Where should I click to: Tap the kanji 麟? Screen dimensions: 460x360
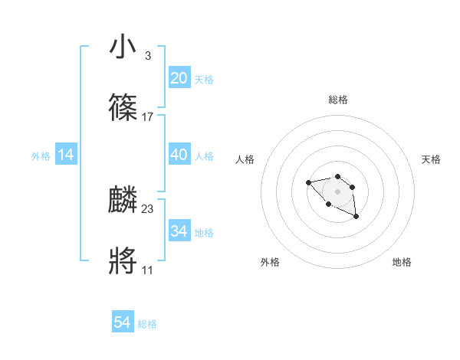(x=123, y=200)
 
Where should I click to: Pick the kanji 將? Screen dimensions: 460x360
(x=123, y=261)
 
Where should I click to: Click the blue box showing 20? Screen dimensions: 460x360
(x=179, y=78)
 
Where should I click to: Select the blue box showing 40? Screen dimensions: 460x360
(x=179, y=155)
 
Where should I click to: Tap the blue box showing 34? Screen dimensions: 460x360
(x=179, y=231)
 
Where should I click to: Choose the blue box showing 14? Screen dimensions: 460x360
(x=66, y=155)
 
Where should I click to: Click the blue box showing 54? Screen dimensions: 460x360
(x=123, y=323)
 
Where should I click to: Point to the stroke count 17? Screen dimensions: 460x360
(x=148, y=117)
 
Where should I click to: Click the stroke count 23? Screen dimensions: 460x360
(x=148, y=209)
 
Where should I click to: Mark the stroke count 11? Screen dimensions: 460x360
(x=147, y=270)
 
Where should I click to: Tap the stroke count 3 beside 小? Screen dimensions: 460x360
(x=147, y=56)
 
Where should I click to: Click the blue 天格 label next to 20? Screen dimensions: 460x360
(x=203, y=80)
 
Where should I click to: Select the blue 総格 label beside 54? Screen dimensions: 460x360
(x=147, y=325)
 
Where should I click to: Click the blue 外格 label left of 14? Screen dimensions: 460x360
(x=41, y=156)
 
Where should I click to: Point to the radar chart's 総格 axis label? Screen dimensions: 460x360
(x=337, y=100)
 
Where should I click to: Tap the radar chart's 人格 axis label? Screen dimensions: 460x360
(x=245, y=159)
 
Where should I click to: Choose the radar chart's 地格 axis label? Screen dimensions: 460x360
(x=402, y=262)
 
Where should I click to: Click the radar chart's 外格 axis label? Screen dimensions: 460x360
(x=270, y=262)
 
